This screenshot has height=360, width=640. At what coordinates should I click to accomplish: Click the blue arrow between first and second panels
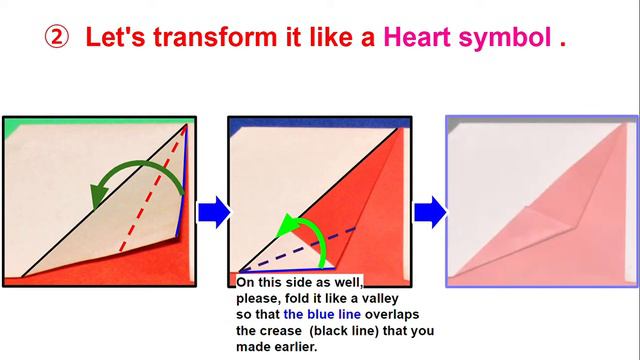pos(214,212)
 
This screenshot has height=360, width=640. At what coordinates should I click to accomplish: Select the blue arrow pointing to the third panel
pos(430,212)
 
